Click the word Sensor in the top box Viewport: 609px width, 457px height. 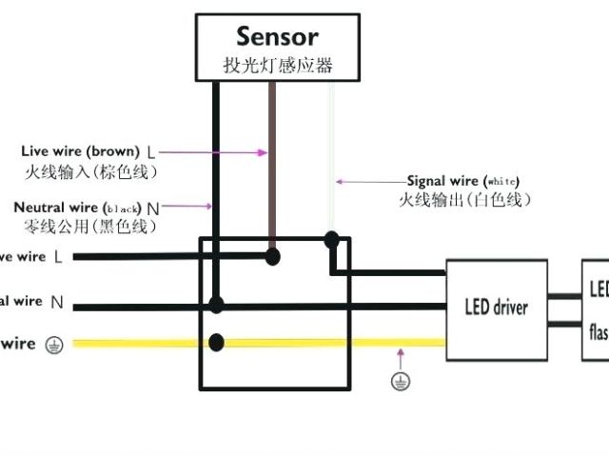pos(277,36)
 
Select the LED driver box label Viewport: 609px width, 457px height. pos(496,308)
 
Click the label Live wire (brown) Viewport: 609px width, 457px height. pos(81,151)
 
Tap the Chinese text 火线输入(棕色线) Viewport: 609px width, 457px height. pos(90,171)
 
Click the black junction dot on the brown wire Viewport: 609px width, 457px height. pos(273,255)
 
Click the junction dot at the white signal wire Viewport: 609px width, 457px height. pos(331,239)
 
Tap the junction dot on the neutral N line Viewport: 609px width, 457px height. pos(217,305)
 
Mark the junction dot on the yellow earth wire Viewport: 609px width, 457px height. pos(217,342)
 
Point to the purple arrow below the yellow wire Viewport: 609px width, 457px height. pos(402,360)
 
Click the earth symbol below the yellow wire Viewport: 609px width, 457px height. pos(402,382)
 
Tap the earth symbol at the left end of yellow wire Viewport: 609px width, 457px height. pos(53,345)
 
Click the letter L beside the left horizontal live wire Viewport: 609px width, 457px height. pos(58,257)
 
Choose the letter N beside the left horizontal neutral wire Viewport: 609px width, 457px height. pos(57,303)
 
